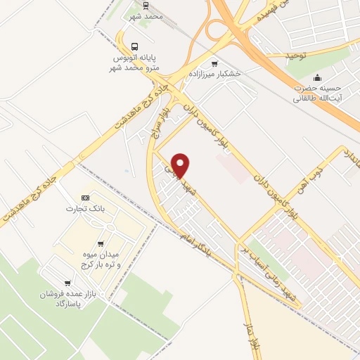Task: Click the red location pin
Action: (181, 165)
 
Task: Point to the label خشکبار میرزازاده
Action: (214, 74)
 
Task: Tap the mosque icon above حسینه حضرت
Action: (318, 77)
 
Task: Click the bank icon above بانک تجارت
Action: (85, 198)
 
